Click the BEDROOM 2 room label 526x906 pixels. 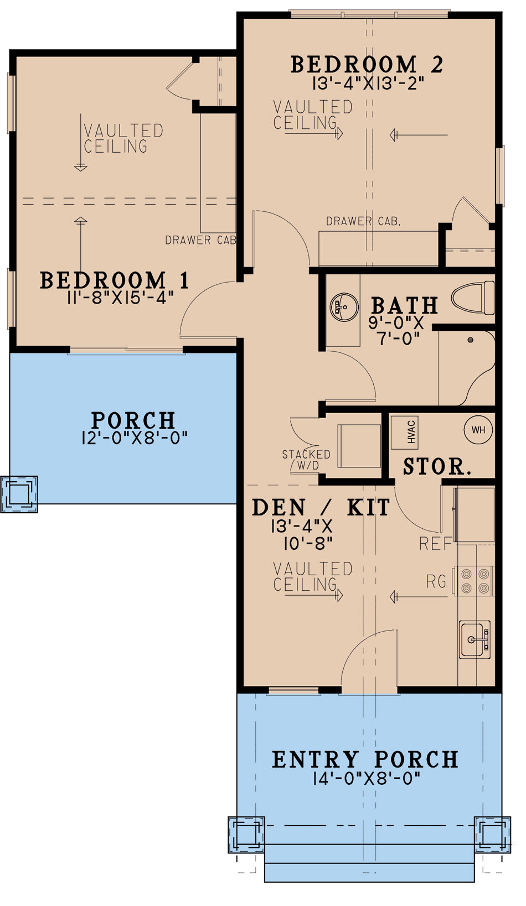pyautogui.click(x=367, y=64)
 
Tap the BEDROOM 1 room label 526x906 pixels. pyautogui.click(x=114, y=280)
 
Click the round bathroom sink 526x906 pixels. pyautogui.click(x=344, y=307)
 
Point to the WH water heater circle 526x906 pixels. pyautogui.click(x=478, y=430)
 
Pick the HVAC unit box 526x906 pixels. pyautogui.click(x=405, y=431)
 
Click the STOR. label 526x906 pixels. pyautogui.click(x=437, y=467)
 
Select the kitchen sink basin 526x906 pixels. pyautogui.click(x=475, y=639)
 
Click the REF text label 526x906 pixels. pyautogui.click(x=436, y=544)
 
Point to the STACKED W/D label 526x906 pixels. pyautogui.click(x=306, y=460)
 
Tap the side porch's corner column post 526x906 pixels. pyautogui.click(x=19, y=494)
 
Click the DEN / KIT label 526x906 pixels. pyautogui.click(x=321, y=507)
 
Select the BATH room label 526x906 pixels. pyautogui.click(x=405, y=305)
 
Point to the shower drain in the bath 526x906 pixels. pyautogui.click(x=471, y=340)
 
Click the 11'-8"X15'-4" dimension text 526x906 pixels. pyautogui.click(x=121, y=298)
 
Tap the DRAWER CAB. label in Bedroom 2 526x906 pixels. pyautogui.click(x=363, y=221)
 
